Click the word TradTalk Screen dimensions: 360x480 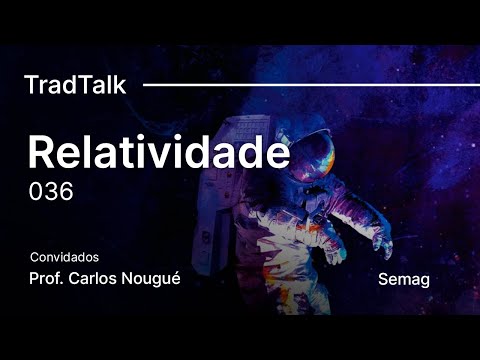tap(75, 85)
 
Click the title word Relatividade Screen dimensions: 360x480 tap(158, 152)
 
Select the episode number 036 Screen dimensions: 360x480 tap(51, 191)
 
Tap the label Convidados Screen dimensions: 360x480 tap(65, 257)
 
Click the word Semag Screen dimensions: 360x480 tap(404, 279)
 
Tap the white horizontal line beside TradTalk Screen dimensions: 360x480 tap(310, 85)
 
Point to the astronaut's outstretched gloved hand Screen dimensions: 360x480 tap(382, 243)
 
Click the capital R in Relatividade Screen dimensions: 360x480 tap(41, 152)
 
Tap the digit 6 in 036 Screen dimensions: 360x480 tap(66, 191)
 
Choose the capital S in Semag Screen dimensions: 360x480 tap(385, 279)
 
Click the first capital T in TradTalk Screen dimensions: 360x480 tap(30, 85)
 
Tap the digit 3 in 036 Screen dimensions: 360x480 tap(51, 191)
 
